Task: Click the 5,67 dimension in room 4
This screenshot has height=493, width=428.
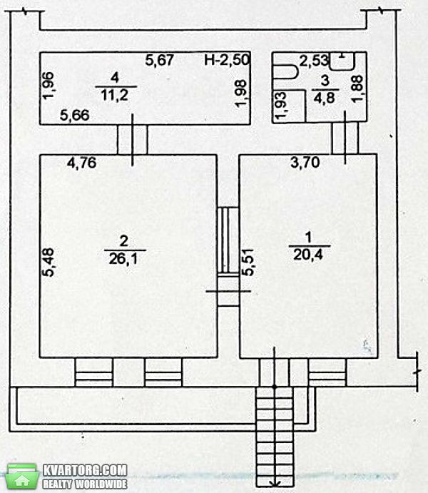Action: tap(159, 60)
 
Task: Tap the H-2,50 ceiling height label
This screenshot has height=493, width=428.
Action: tap(227, 60)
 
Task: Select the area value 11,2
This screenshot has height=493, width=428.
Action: tap(115, 95)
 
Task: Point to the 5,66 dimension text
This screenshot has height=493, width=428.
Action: tap(75, 115)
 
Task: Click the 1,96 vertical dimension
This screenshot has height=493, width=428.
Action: tap(49, 86)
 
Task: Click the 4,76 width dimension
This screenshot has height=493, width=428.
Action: tap(82, 163)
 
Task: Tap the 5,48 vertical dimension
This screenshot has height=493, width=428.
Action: tap(49, 263)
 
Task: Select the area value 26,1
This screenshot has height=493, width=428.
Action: tap(123, 260)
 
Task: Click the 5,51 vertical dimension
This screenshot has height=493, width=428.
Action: tap(248, 262)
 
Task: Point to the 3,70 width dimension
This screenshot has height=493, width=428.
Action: tap(305, 163)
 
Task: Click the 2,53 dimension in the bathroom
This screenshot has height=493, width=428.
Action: tap(313, 61)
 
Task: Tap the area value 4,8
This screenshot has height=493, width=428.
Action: tap(325, 98)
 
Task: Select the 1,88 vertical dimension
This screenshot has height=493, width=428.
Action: tap(357, 88)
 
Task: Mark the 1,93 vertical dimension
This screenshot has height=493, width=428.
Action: tap(280, 106)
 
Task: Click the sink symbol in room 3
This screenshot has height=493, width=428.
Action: tap(342, 61)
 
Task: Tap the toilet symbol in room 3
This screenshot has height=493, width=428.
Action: tap(285, 71)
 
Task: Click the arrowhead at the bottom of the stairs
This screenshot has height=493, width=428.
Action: tap(275, 482)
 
